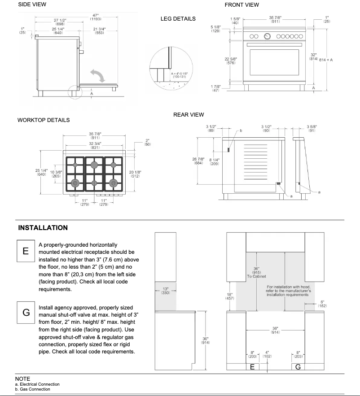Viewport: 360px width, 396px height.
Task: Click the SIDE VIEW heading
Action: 32,4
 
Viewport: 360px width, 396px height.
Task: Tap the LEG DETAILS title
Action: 178,19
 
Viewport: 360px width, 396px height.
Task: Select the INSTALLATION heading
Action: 43,228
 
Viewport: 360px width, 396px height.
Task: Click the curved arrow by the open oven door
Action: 97,75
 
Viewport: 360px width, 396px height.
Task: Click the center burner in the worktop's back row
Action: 94,165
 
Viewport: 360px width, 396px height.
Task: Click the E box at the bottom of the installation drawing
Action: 252,367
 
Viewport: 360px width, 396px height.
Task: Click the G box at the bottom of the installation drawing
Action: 298,367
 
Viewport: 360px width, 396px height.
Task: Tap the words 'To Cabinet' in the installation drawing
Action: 256,276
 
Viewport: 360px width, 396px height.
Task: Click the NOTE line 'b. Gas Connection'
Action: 32,389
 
